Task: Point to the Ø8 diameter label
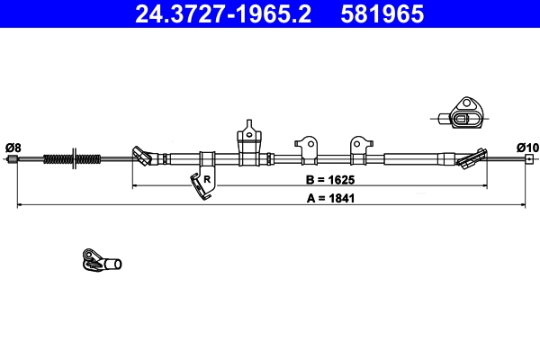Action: pos(13,147)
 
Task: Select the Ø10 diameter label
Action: pos(527,147)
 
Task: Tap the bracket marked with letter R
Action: pos(202,181)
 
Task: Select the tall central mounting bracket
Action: pos(249,141)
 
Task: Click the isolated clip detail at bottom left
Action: pos(99,261)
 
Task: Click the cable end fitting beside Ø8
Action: pos(13,160)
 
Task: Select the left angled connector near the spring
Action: pos(143,157)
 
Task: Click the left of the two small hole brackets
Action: pos(307,144)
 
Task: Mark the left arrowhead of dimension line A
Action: pos(20,206)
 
